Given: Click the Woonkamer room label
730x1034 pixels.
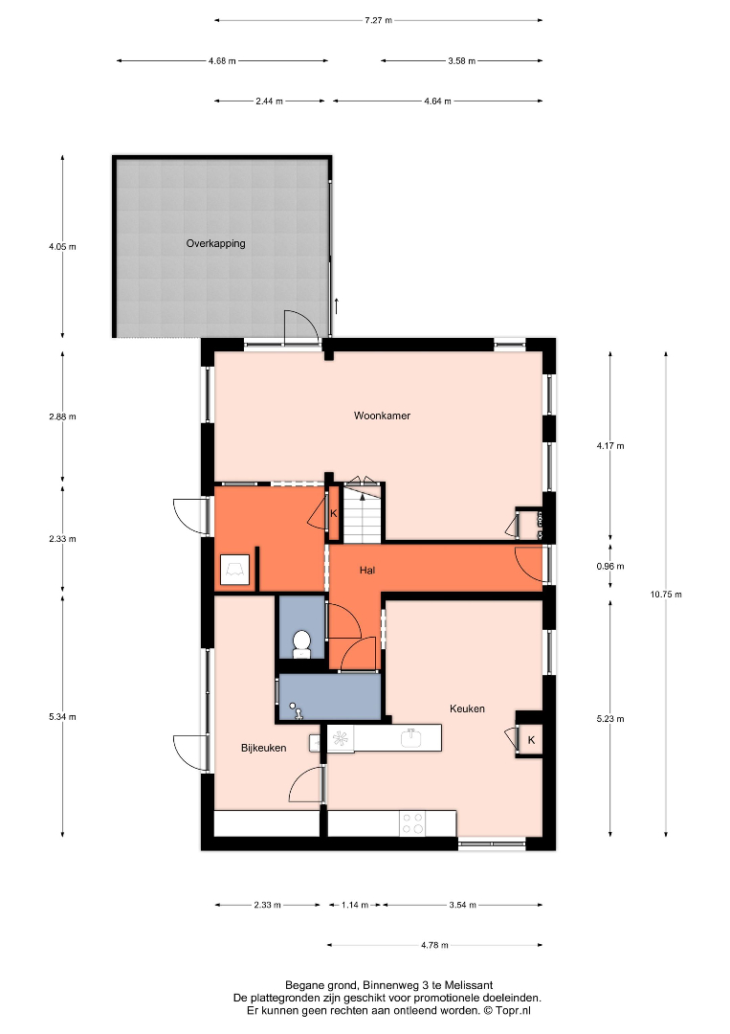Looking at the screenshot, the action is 382,416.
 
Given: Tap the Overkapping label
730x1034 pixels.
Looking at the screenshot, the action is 215,243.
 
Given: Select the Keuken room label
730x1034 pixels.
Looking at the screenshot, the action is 467,708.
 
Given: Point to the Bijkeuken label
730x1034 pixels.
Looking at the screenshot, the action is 263,748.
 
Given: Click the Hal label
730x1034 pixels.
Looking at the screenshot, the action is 367,571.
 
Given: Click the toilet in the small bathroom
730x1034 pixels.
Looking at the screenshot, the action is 301,644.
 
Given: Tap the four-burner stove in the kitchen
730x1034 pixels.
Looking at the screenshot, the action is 413,823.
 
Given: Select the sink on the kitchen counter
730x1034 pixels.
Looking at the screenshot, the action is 411,737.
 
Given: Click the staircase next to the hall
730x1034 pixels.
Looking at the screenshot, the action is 363,513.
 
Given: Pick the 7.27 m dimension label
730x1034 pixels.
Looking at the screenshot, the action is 378,20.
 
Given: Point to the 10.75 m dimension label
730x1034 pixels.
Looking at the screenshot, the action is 666,595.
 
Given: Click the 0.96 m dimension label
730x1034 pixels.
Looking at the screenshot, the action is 610,566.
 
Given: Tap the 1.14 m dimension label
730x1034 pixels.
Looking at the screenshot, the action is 354,905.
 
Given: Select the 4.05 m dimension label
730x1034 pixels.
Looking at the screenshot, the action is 62,247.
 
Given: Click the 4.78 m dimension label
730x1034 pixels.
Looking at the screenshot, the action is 434,945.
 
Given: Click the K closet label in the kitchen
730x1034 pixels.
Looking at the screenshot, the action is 531,740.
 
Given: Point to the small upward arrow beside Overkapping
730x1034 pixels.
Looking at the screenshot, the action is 337,306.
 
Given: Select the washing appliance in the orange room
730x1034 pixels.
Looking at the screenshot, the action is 234,570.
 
